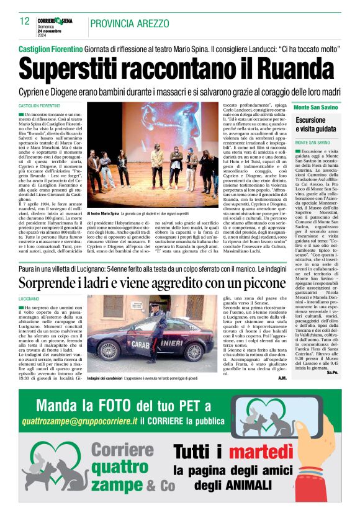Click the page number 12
click(25, 21)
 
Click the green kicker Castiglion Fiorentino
click(50, 48)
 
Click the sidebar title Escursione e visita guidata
click(316, 124)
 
